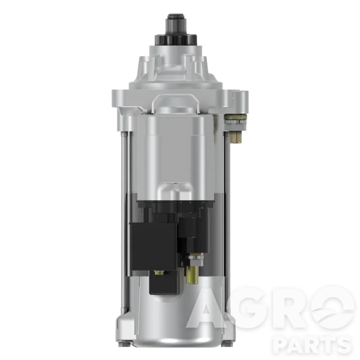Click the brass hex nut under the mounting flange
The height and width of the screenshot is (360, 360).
[235, 118]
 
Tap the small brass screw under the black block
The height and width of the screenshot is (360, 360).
[159, 273]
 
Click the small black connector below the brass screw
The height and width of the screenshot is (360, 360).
[163, 285]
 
